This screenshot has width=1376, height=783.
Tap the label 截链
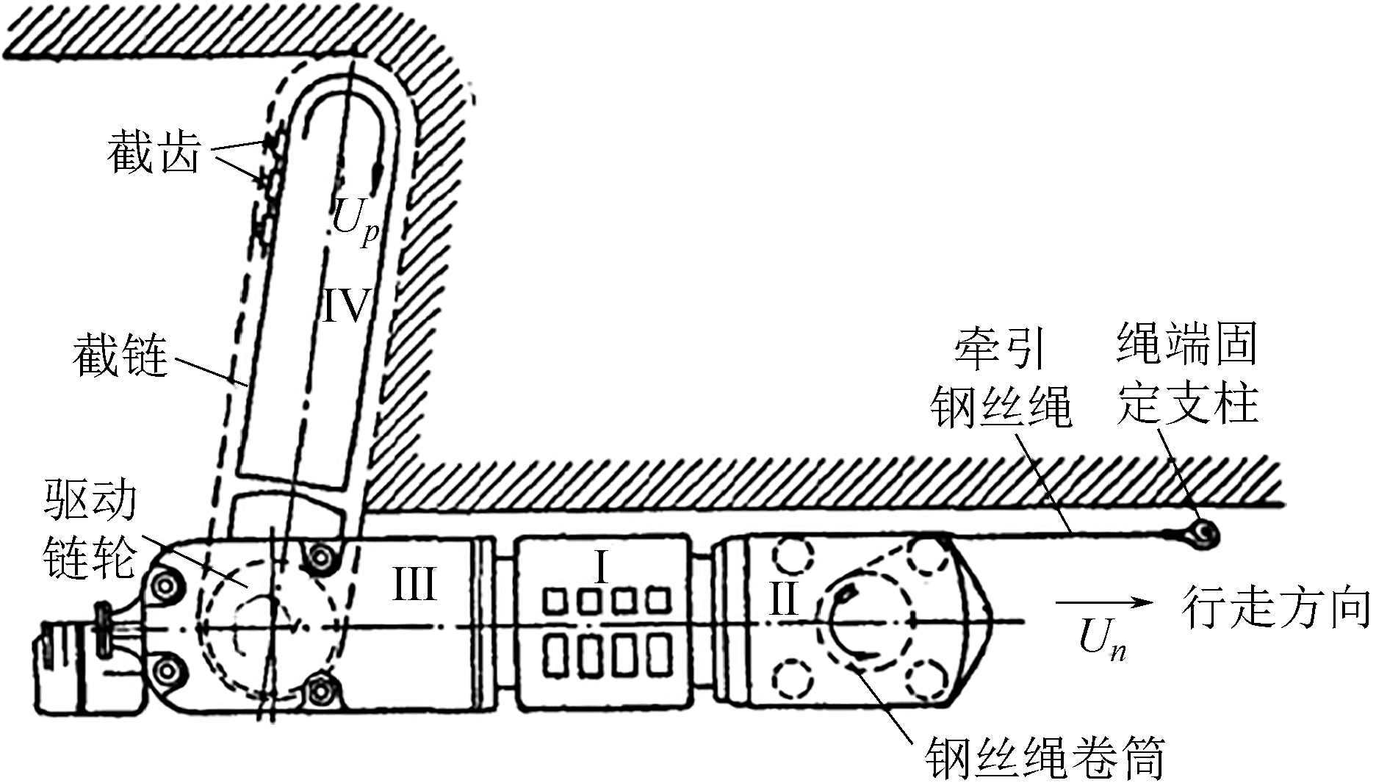[120, 356]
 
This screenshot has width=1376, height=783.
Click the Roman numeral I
[601, 567]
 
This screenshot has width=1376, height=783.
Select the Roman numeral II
[783, 599]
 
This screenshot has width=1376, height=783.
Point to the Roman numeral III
[414, 585]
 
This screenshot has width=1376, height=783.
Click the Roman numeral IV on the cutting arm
[345, 305]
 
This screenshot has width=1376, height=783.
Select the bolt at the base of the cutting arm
[320, 556]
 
